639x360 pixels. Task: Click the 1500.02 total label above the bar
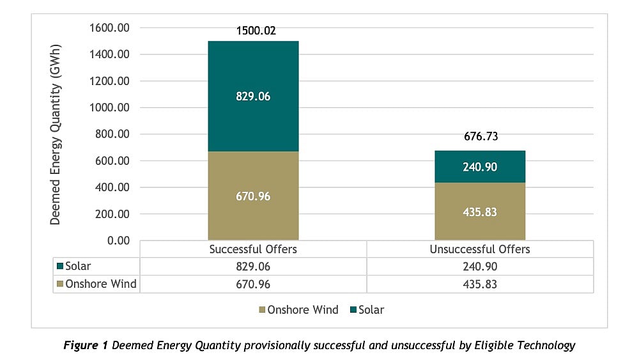256,30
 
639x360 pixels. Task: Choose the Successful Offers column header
253,249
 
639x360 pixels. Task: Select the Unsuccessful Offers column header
480,249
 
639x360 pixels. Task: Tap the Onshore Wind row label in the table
96,284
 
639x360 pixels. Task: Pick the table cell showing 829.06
253,267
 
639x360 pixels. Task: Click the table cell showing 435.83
480,284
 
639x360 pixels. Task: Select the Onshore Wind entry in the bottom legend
298,310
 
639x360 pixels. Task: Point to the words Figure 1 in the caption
86,346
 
